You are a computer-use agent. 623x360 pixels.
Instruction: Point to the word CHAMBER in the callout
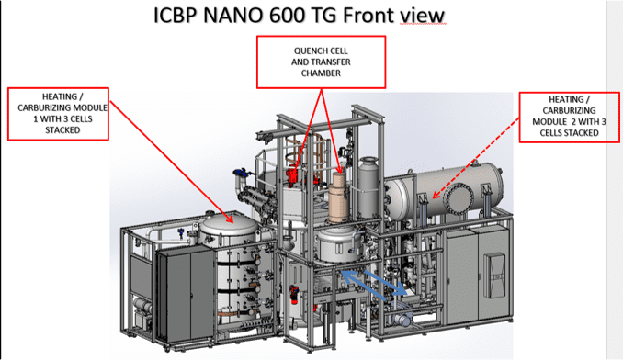pyautogui.click(x=321, y=73)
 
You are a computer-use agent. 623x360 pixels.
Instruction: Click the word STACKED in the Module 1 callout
pyautogui.click(x=62, y=130)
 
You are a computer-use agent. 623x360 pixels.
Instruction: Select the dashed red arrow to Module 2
pyautogui.click(x=476, y=158)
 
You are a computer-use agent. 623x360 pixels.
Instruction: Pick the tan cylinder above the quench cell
pyautogui.click(x=338, y=197)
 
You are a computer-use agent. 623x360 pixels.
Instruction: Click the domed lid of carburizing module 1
pyautogui.click(x=228, y=226)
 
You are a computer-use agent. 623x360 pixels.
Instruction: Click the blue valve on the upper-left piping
pyautogui.click(x=240, y=173)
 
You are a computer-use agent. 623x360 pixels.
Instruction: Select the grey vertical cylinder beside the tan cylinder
pyautogui.click(x=368, y=187)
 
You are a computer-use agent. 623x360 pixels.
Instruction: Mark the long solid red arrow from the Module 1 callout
pyautogui.click(x=171, y=162)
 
